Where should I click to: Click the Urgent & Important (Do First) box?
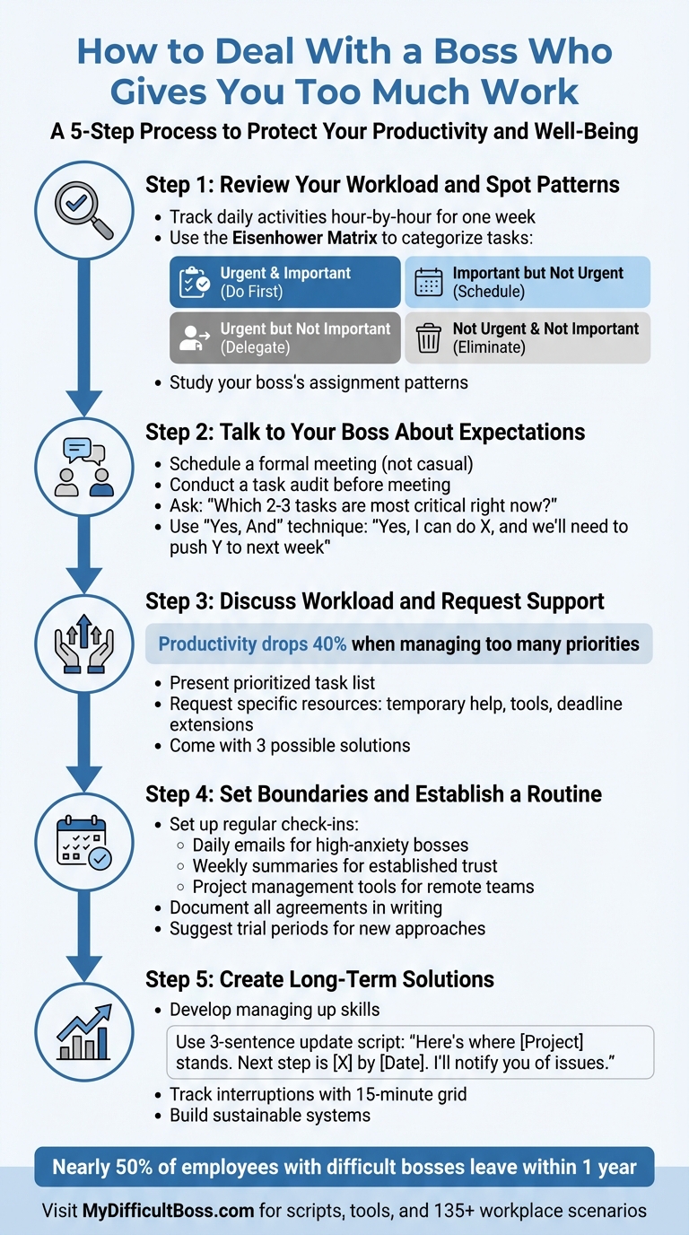(284, 282)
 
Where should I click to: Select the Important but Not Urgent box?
(528, 282)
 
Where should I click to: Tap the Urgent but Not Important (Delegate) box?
(284, 337)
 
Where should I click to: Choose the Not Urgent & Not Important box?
(528, 337)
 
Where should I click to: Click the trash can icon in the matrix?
(429, 338)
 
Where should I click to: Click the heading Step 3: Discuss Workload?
(374, 600)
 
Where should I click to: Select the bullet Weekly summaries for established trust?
(344, 866)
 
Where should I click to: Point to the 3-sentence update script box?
(410, 1052)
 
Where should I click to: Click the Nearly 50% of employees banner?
(344, 1167)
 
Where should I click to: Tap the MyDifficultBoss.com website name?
(169, 1211)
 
